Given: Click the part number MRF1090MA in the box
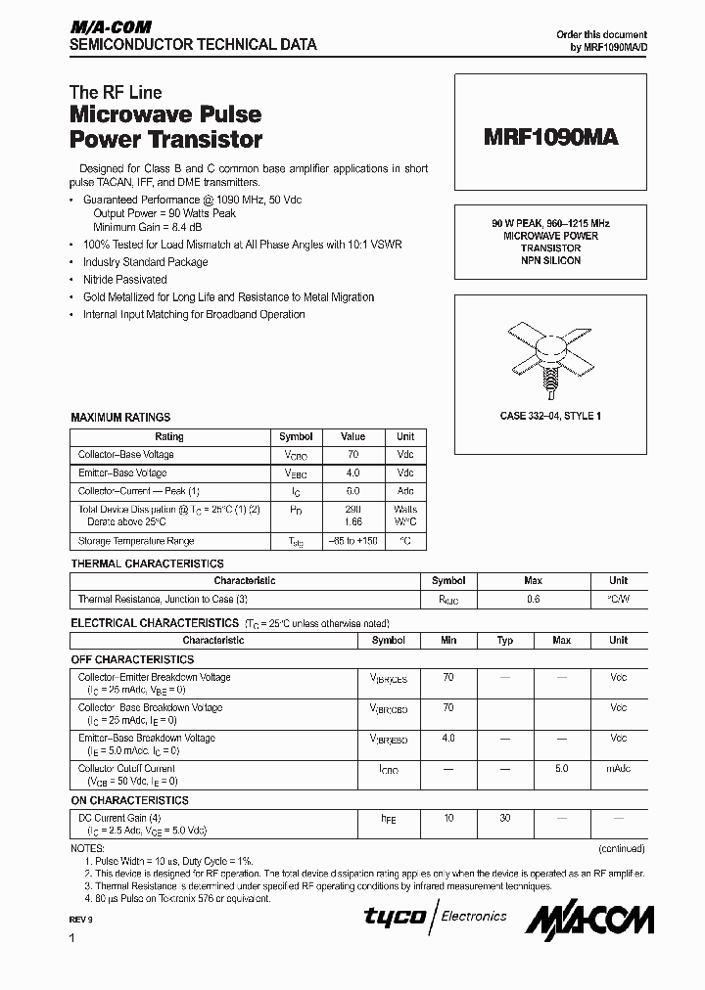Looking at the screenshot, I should [x=551, y=138].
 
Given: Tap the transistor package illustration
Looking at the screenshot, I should [x=551, y=351].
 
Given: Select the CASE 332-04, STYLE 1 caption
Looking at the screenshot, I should [x=551, y=416].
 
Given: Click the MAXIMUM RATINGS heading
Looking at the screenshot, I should [x=120, y=418].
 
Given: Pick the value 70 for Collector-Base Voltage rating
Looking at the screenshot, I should [x=352, y=455].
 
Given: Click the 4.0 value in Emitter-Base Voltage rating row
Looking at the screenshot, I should [x=352, y=472].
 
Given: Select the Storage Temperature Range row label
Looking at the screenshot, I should [x=136, y=541].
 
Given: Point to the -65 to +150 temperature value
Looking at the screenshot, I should [x=352, y=541].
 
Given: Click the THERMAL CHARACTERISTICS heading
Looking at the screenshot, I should [x=147, y=563].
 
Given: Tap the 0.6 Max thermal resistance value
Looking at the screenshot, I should [x=534, y=600].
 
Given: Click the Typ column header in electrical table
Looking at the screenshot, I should [x=505, y=641].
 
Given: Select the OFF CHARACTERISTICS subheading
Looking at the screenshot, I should [x=132, y=659].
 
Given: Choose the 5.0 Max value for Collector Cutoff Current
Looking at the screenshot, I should [x=562, y=769].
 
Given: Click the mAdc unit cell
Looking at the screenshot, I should [x=618, y=769].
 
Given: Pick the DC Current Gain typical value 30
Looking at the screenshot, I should [x=505, y=817].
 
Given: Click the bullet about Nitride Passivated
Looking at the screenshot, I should [x=124, y=280].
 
